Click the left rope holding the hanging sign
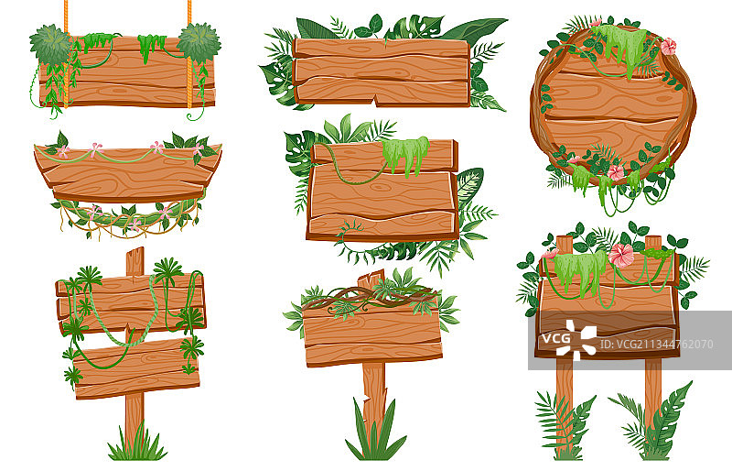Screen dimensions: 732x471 66,51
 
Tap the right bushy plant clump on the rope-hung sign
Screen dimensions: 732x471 199,43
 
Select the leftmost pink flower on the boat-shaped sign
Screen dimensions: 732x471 62,151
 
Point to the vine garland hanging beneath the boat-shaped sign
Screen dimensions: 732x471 127,216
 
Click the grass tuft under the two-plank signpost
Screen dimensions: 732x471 136,445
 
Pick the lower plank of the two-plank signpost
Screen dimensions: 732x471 136,368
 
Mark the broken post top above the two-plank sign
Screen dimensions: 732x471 135,262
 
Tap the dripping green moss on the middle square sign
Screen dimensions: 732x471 405,153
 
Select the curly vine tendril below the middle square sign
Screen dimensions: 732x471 351,237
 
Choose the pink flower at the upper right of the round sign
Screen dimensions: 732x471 668,47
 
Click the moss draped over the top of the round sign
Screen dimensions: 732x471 621,44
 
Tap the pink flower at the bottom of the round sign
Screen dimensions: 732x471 615,172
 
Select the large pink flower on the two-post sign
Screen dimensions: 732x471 621,256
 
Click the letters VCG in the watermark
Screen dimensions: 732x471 555,338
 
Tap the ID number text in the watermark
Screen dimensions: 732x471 656,345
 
